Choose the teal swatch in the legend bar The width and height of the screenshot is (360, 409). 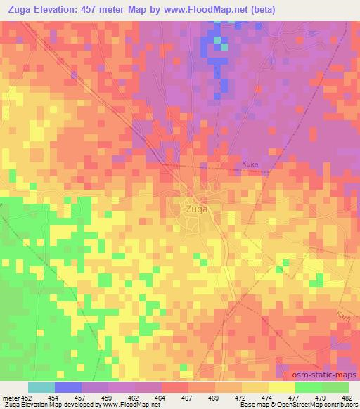point(41,387)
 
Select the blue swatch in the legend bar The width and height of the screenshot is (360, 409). point(68,387)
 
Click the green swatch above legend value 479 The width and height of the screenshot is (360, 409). point(309,387)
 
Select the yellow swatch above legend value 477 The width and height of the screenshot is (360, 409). point(282,387)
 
